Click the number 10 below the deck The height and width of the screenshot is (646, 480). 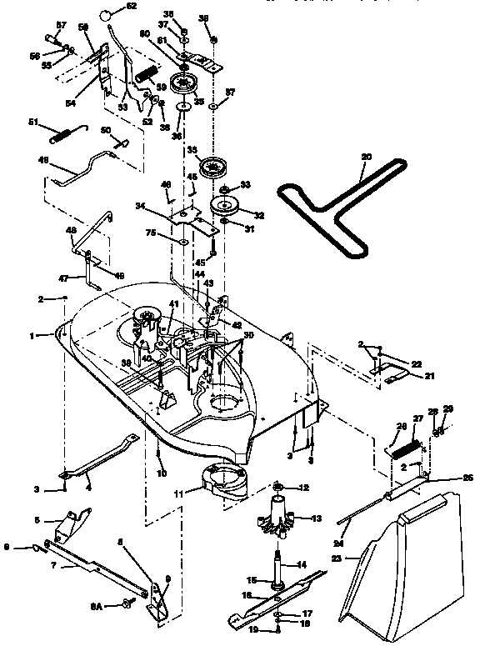pyautogui.click(x=160, y=473)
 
